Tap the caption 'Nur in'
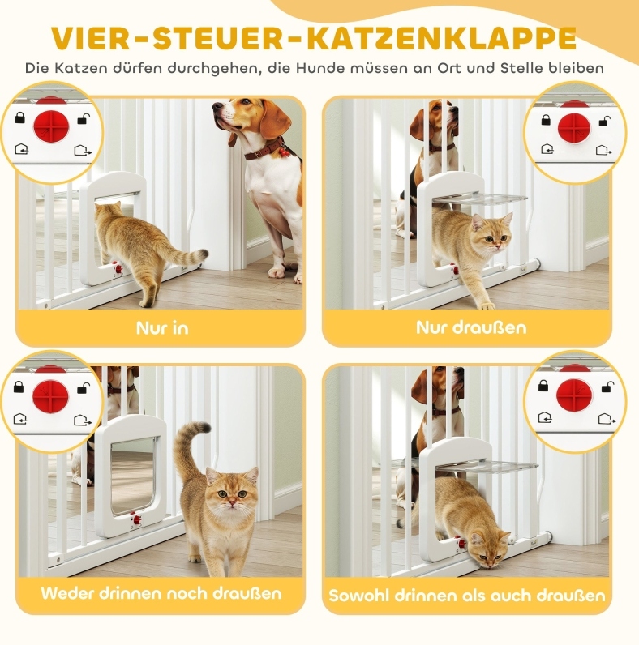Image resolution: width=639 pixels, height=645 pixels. pos(162,328)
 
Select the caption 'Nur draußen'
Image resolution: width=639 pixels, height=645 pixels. pos(471,327)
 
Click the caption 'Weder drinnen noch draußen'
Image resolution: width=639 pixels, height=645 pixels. pos(161,593)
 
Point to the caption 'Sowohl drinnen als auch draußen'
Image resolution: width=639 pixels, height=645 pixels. pos(467,596)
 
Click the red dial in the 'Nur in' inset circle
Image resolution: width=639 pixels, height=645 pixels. pos(51,126)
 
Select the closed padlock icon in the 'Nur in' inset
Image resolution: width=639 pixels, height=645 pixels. pos(19,117)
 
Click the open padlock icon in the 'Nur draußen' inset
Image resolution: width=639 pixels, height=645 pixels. pos(604,121)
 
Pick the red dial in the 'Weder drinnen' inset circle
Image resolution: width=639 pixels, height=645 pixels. pos(50,395)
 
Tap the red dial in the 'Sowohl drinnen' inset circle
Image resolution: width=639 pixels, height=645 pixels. pos(573,395)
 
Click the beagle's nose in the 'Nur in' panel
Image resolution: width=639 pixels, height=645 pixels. pos(217,108)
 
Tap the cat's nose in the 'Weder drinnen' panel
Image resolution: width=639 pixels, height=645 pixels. pos(233,502)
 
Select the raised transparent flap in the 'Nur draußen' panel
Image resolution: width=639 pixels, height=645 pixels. pos(480,199)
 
